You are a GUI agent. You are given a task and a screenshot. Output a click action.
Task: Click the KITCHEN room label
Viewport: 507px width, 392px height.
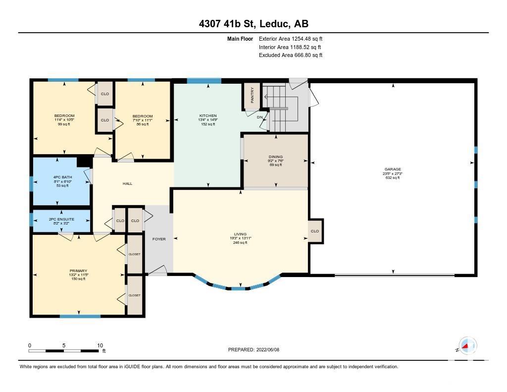(x=208, y=115)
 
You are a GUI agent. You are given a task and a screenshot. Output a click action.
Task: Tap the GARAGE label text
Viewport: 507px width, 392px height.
(x=393, y=169)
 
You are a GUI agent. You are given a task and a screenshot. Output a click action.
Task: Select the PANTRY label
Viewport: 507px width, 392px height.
(x=252, y=95)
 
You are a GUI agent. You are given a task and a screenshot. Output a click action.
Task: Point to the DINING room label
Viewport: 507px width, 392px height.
(x=275, y=157)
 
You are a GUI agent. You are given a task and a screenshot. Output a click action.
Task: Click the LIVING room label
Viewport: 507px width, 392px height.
(x=240, y=234)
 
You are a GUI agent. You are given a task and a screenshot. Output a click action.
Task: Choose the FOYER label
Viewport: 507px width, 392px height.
(x=159, y=239)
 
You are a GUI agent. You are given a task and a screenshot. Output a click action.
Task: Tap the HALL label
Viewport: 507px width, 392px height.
(x=127, y=183)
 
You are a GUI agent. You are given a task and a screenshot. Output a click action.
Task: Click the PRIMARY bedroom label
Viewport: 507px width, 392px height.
(x=78, y=271)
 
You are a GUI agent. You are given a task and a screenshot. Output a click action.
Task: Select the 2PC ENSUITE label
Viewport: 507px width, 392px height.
(x=61, y=219)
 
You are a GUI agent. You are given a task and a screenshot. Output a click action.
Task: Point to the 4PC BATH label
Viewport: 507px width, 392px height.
(x=63, y=177)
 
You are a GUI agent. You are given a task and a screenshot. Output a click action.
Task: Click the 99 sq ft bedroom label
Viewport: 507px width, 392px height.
(x=64, y=115)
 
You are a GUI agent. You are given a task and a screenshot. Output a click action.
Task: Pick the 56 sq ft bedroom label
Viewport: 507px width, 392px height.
(x=143, y=116)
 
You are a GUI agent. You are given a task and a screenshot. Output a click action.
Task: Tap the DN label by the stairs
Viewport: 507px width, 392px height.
(x=259, y=117)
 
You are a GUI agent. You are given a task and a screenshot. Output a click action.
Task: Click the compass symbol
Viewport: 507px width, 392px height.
(x=467, y=345)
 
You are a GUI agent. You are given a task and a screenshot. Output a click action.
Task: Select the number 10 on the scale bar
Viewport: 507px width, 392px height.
(x=100, y=345)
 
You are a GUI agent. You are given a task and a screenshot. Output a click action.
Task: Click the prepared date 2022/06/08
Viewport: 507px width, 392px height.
(x=268, y=349)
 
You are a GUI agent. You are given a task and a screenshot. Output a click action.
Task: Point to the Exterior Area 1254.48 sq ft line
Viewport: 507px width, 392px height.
(x=291, y=39)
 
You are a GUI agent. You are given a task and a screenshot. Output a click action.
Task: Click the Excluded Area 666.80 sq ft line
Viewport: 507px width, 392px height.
(x=291, y=55)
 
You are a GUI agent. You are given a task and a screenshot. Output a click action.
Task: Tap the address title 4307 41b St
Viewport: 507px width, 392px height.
(x=227, y=24)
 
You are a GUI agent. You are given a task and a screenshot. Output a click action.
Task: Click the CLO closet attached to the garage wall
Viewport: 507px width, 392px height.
(x=314, y=231)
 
